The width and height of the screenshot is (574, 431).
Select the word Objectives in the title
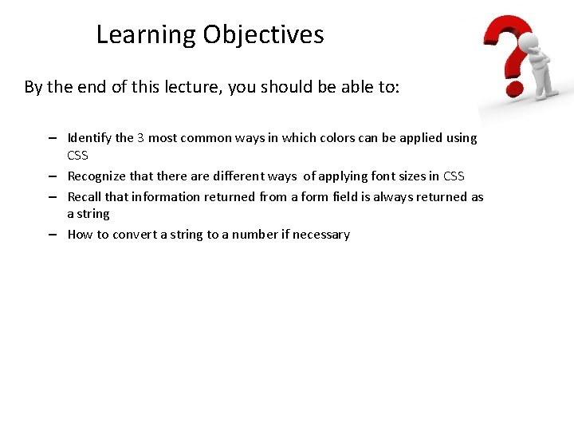[x=263, y=35]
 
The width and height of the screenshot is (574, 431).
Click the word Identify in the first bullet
[x=89, y=138]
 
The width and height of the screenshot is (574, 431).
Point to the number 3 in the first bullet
[x=140, y=138]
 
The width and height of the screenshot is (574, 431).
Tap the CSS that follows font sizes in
[x=454, y=176]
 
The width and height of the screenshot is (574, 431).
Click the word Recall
[x=85, y=197]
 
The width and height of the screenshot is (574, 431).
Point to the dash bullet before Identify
[x=51, y=138]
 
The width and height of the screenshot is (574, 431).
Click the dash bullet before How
[x=51, y=235]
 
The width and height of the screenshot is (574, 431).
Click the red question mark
[x=503, y=52]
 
